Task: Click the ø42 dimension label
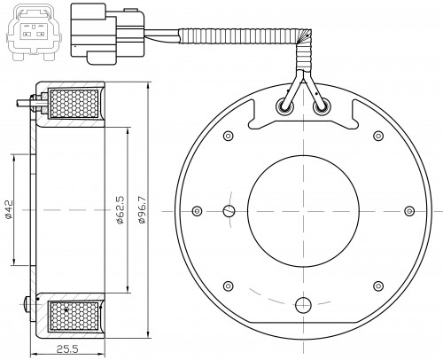9,209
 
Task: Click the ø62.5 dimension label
120,209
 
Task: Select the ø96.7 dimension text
142,209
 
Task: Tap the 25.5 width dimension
67,349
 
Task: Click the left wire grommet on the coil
284,107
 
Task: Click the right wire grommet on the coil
322,107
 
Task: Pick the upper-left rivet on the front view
229,136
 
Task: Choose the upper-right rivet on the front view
378,136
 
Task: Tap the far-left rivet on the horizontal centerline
197,211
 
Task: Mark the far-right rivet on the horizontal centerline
409,211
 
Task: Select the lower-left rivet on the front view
229,286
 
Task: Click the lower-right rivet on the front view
378,286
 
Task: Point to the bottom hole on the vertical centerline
303,305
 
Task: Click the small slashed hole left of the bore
229,211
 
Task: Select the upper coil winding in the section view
74,104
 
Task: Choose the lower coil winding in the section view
74,316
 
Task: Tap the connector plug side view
107,34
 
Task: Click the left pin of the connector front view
27,34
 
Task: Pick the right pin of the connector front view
40,34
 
